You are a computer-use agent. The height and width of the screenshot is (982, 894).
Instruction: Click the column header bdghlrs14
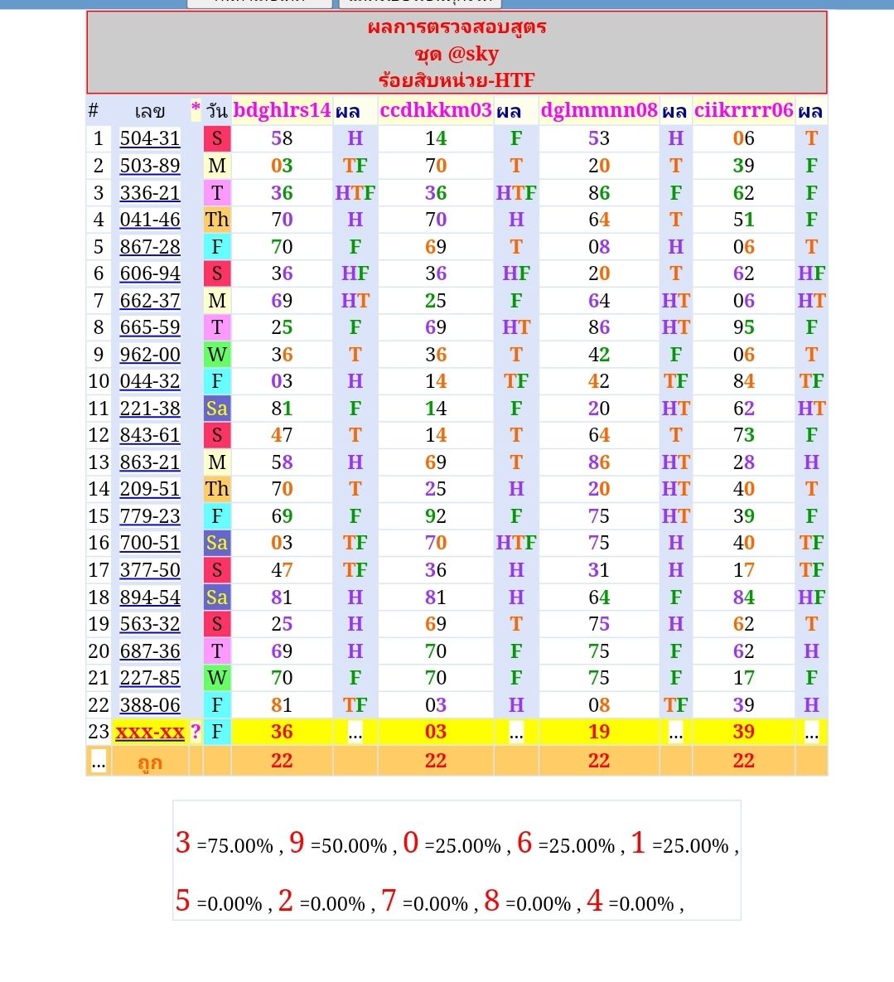[x=282, y=110]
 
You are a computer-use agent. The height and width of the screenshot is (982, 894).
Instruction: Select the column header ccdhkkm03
[x=436, y=110]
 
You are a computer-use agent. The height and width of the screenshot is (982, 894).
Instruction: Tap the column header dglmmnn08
[x=599, y=110]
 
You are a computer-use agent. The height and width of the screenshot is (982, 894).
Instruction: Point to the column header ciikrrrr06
[x=743, y=110]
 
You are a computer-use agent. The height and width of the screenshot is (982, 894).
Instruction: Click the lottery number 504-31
[x=150, y=138]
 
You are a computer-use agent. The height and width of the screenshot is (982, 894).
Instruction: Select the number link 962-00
[x=150, y=354]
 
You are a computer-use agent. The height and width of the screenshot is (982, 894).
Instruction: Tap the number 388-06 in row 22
[x=150, y=704]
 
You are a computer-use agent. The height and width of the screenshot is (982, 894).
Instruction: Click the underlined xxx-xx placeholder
[x=150, y=732]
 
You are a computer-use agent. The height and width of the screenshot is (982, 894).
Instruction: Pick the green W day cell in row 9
[x=217, y=354]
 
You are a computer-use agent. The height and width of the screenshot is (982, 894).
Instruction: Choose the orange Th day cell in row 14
[x=217, y=489]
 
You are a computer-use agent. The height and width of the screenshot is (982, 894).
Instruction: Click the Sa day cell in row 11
[x=217, y=408]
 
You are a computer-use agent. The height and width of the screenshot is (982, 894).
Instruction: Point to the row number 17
[x=99, y=570]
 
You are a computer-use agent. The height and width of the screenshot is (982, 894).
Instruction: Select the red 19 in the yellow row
[x=599, y=732]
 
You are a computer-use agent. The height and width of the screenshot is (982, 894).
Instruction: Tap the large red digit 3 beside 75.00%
[x=183, y=843]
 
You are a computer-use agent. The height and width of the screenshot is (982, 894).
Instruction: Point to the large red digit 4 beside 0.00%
[x=594, y=901]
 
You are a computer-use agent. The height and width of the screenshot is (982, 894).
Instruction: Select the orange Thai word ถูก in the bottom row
[x=150, y=762]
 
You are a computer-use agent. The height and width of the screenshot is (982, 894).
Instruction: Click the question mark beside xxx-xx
[x=196, y=732]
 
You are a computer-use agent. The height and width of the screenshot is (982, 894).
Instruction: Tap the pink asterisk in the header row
[x=196, y=109]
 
